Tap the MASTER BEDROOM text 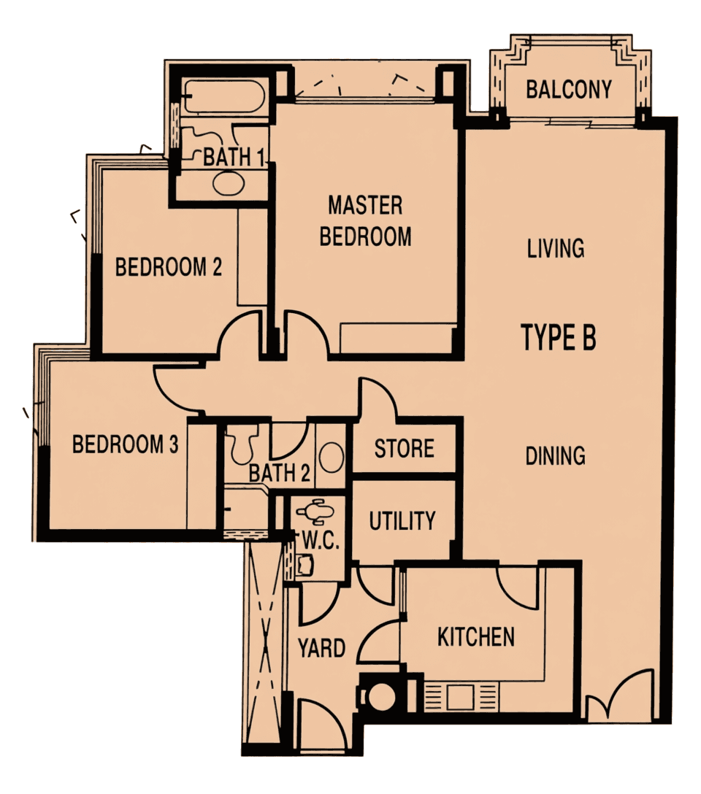click(x=365, y=221)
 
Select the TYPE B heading click(x=558, y=337)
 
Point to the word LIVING click(x=556, y=248)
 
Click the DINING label click(x=555, y=455)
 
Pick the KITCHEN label click(x=476, y=637)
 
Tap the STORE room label click(x=405, y=449)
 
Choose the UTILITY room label click(x=402, y=520)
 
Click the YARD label click(x=321, y=647)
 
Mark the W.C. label click(x=321, y=541)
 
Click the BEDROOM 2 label click(x=169, y=267)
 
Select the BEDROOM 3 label click(x=125, y=444)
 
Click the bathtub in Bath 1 click(x=223, y=96)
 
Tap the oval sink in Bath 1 click(x=229, y=182)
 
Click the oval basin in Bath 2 click(x=332, y=457)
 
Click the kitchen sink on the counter click(x=460, y=697)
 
